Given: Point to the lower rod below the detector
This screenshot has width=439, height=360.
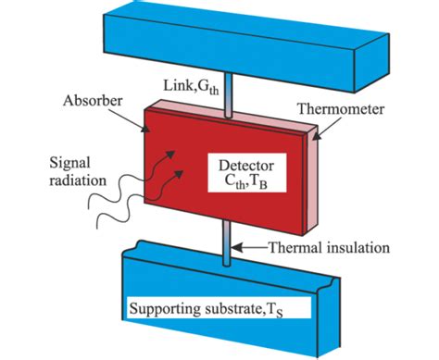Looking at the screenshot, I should tap(228, 247).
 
